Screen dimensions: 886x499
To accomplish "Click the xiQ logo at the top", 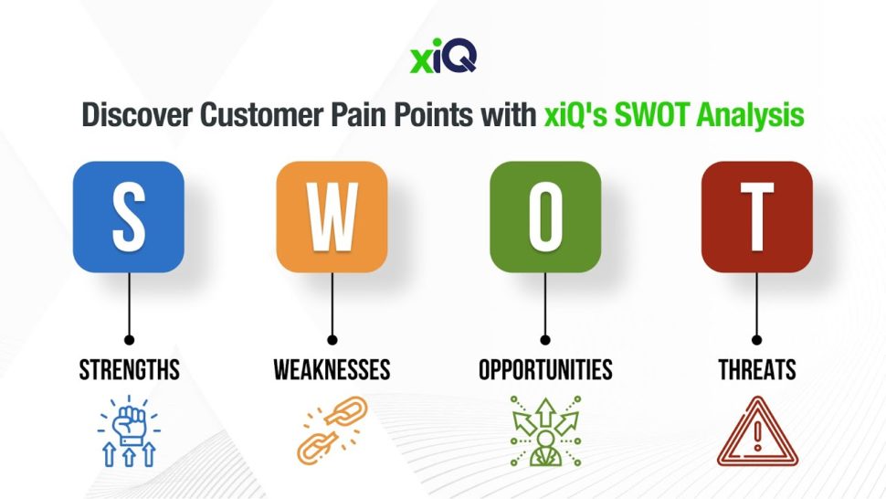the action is [443, 56].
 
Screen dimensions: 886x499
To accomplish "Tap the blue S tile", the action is [129, 217].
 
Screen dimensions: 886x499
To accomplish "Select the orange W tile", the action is [332, 217].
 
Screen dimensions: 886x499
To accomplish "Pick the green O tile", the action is [545, 217].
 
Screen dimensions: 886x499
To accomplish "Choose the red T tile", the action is [756, 217].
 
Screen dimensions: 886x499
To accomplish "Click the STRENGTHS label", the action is [130, 370].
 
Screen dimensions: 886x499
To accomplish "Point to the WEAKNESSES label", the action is [332, 370].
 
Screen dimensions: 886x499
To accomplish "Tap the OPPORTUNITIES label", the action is [545, 370].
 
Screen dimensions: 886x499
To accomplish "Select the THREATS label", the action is [757, 370].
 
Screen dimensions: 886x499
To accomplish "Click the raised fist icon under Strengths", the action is [129, 431].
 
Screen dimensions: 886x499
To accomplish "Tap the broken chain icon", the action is [332, 430].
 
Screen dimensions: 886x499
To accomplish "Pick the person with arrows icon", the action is [545, 431].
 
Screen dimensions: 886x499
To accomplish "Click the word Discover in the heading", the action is [137, 115].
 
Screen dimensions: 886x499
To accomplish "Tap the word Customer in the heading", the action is [261, 115].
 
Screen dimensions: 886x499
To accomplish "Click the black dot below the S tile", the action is [130, 340].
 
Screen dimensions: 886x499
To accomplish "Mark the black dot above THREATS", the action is [756, 340].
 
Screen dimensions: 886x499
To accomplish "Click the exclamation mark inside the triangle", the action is [758, 436].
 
